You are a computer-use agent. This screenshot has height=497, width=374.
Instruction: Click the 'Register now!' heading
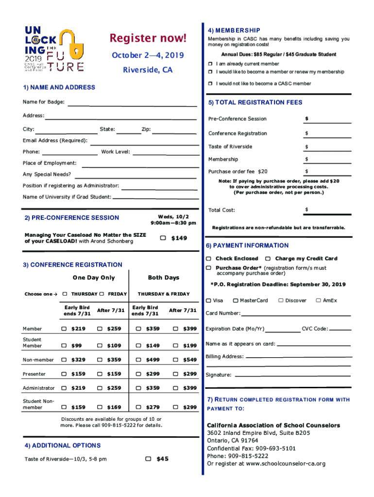click(x=148, y=38)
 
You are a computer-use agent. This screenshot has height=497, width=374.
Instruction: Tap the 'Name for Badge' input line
click(x=131, y=105)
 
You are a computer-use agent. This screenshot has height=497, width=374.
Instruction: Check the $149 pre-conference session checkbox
click(x=163, y=238)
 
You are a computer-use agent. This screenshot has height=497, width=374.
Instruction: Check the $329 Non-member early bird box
click(x=64, y=360)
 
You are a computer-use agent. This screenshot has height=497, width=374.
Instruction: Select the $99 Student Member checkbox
click(x=64, y=346)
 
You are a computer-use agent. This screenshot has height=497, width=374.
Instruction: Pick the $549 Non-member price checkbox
click(x=175, y=360)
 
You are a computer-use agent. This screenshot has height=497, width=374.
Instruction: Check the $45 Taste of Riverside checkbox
click(x=149, y=459)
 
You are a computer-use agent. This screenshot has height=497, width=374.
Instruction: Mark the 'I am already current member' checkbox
click(x=210, y=64)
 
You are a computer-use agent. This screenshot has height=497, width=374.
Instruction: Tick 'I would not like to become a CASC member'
click(x=210, y=83)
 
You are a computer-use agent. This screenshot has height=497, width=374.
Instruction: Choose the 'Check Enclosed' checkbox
click(x=208, y=259)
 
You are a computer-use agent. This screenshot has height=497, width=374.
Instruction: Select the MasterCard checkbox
click(x=236, y=300)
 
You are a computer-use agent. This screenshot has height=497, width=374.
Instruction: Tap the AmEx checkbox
click(x=319, y=300)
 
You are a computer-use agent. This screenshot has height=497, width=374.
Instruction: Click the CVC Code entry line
click(x=340, y=331)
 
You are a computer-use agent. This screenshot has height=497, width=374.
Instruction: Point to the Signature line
click(x=291, y=377)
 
